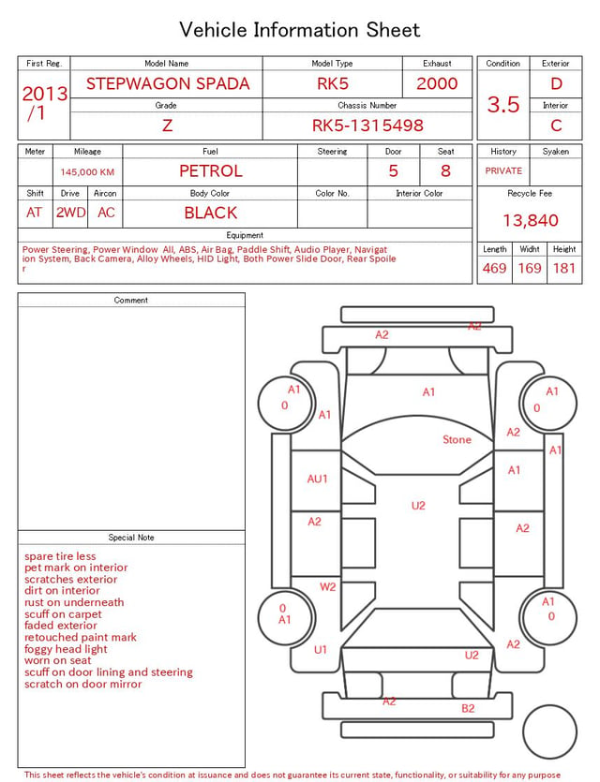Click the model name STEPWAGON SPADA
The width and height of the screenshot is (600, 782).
click(x=168, y=83)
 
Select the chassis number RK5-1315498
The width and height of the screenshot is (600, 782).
click(x=367, y=125)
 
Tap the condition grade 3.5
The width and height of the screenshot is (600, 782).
click(x=503, y=105)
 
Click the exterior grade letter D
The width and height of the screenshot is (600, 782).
click(x=556, y=83)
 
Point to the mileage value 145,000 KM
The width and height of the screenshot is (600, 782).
click(x=87, y=172)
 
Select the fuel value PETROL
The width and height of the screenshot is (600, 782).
click(x=211, y=171)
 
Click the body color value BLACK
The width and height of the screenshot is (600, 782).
click(x=211, y=213)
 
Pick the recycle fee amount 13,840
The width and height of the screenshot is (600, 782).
click(x=530, y=220)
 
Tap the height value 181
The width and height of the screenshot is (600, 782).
click(x=564, y=268)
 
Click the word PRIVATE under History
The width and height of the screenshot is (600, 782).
click(x=503, y=170)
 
